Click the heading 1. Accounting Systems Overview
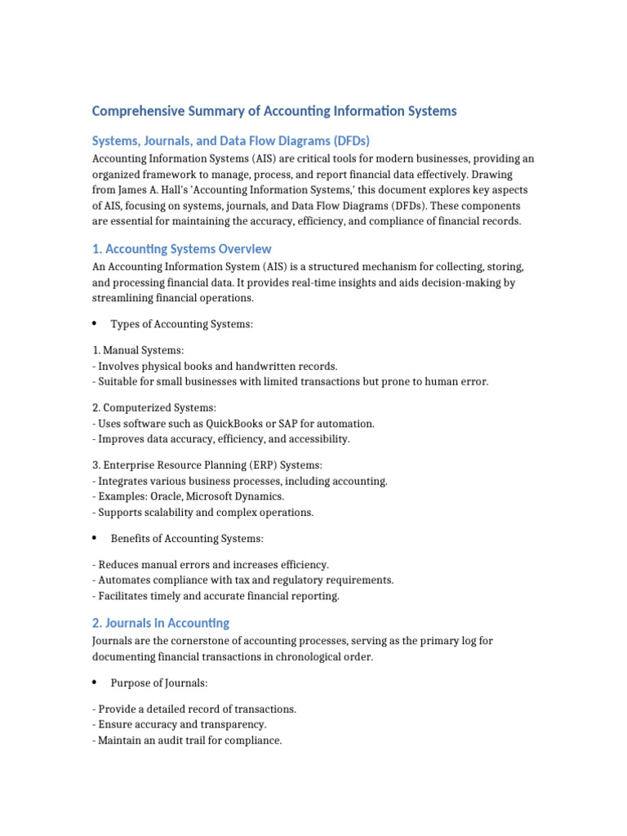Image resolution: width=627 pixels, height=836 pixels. coord(181,249)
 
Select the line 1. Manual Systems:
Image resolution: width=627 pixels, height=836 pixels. coord(132,350)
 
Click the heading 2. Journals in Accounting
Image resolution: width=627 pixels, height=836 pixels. coord(161,623)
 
